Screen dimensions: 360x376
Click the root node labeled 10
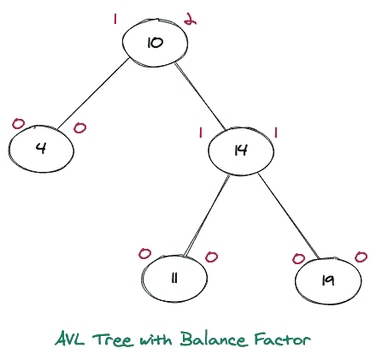pyautogui.click(x=155, y=40)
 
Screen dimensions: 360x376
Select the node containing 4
pyautogui.click(x=40, y=148)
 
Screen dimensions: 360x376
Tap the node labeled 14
pyautogui.click(x=240, y=150)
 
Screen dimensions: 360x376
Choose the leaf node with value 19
pyautogui.click(x=327, y=279)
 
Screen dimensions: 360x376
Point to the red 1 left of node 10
pyautogui.click(x=115, y=18)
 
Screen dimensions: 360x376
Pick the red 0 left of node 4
pyautogui.click(x=18, y=125)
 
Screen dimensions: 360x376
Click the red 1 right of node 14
pyautogui.click(x=276, y=132)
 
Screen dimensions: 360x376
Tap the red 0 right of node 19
pyautogui.click(x=361, y=257)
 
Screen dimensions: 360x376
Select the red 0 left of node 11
pyautogui.click(x=144, y=254)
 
